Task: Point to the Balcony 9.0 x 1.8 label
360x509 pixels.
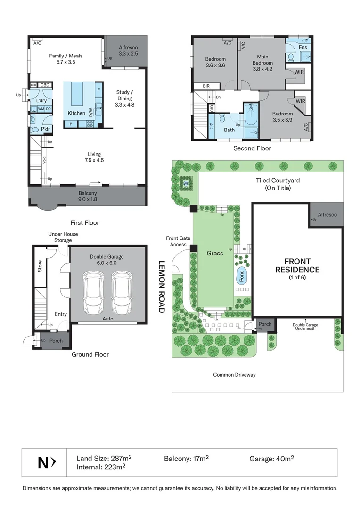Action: point(88,196)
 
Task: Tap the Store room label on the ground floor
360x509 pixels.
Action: point(41,267)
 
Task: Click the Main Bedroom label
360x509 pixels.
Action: point(262,59)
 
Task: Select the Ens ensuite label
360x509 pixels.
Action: point(303,48)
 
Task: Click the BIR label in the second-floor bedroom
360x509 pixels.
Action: point(206,86)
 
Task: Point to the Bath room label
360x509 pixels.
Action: point(229,130)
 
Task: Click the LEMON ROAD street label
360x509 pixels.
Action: point(161,287)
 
